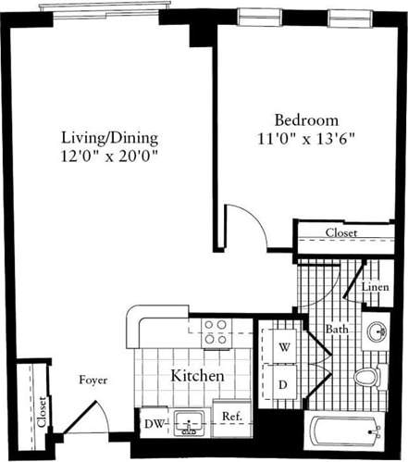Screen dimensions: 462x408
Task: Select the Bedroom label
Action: pyautogui.click(x=305, y=120)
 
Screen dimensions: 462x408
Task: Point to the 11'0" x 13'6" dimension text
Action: pyautogui.click(x=305, y=138)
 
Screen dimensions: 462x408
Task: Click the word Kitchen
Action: pyautogui.click(x=198, y=377)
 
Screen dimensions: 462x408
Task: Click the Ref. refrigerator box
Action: pyautogui.click(x=231, y=417)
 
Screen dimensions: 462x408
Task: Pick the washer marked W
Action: pyautogui.click(x=282, y=347)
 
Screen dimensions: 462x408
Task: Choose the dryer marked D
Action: pyautogui.click(x=282, y=383)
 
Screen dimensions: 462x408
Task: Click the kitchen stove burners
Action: pyautogui.click(x=216, y=331)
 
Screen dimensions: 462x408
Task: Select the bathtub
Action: pyautogui.click(x=345, y=432)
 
